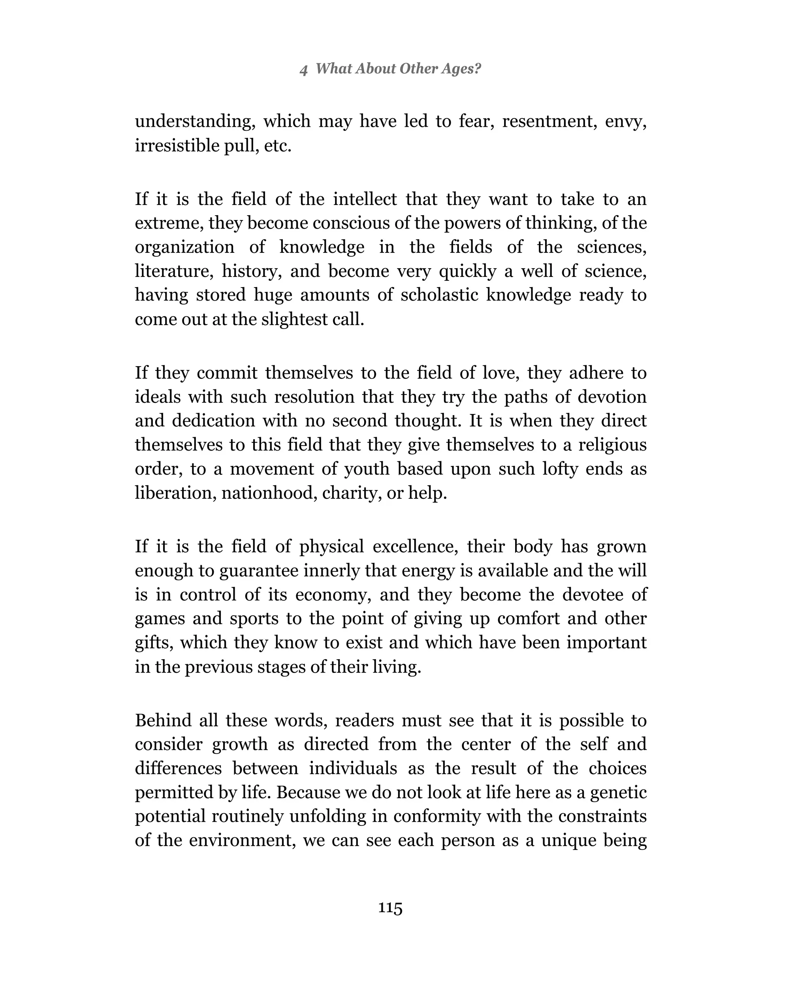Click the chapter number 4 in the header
(303, 70)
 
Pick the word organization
(184, 247)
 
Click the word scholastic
(439, 295)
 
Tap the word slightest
(295, 319)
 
